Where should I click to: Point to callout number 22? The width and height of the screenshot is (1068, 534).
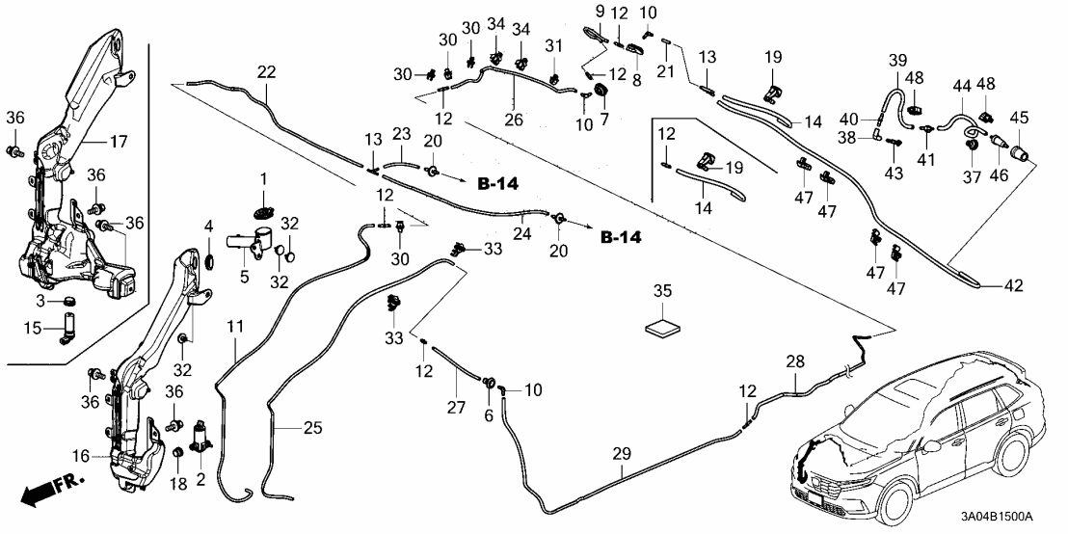coord(266,70)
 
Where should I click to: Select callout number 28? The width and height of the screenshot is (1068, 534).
coord(794,361)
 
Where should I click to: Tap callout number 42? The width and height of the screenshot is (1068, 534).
coord(1013,285)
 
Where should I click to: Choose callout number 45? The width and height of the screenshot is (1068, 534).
coord(1019,118)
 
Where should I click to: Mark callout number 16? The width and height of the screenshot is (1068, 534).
coord(82,454)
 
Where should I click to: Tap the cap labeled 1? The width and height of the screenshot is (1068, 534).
coord(261,211)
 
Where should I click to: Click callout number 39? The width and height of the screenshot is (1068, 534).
coord(898,61)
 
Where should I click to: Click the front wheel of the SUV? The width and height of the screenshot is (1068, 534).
coord(891,502)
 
